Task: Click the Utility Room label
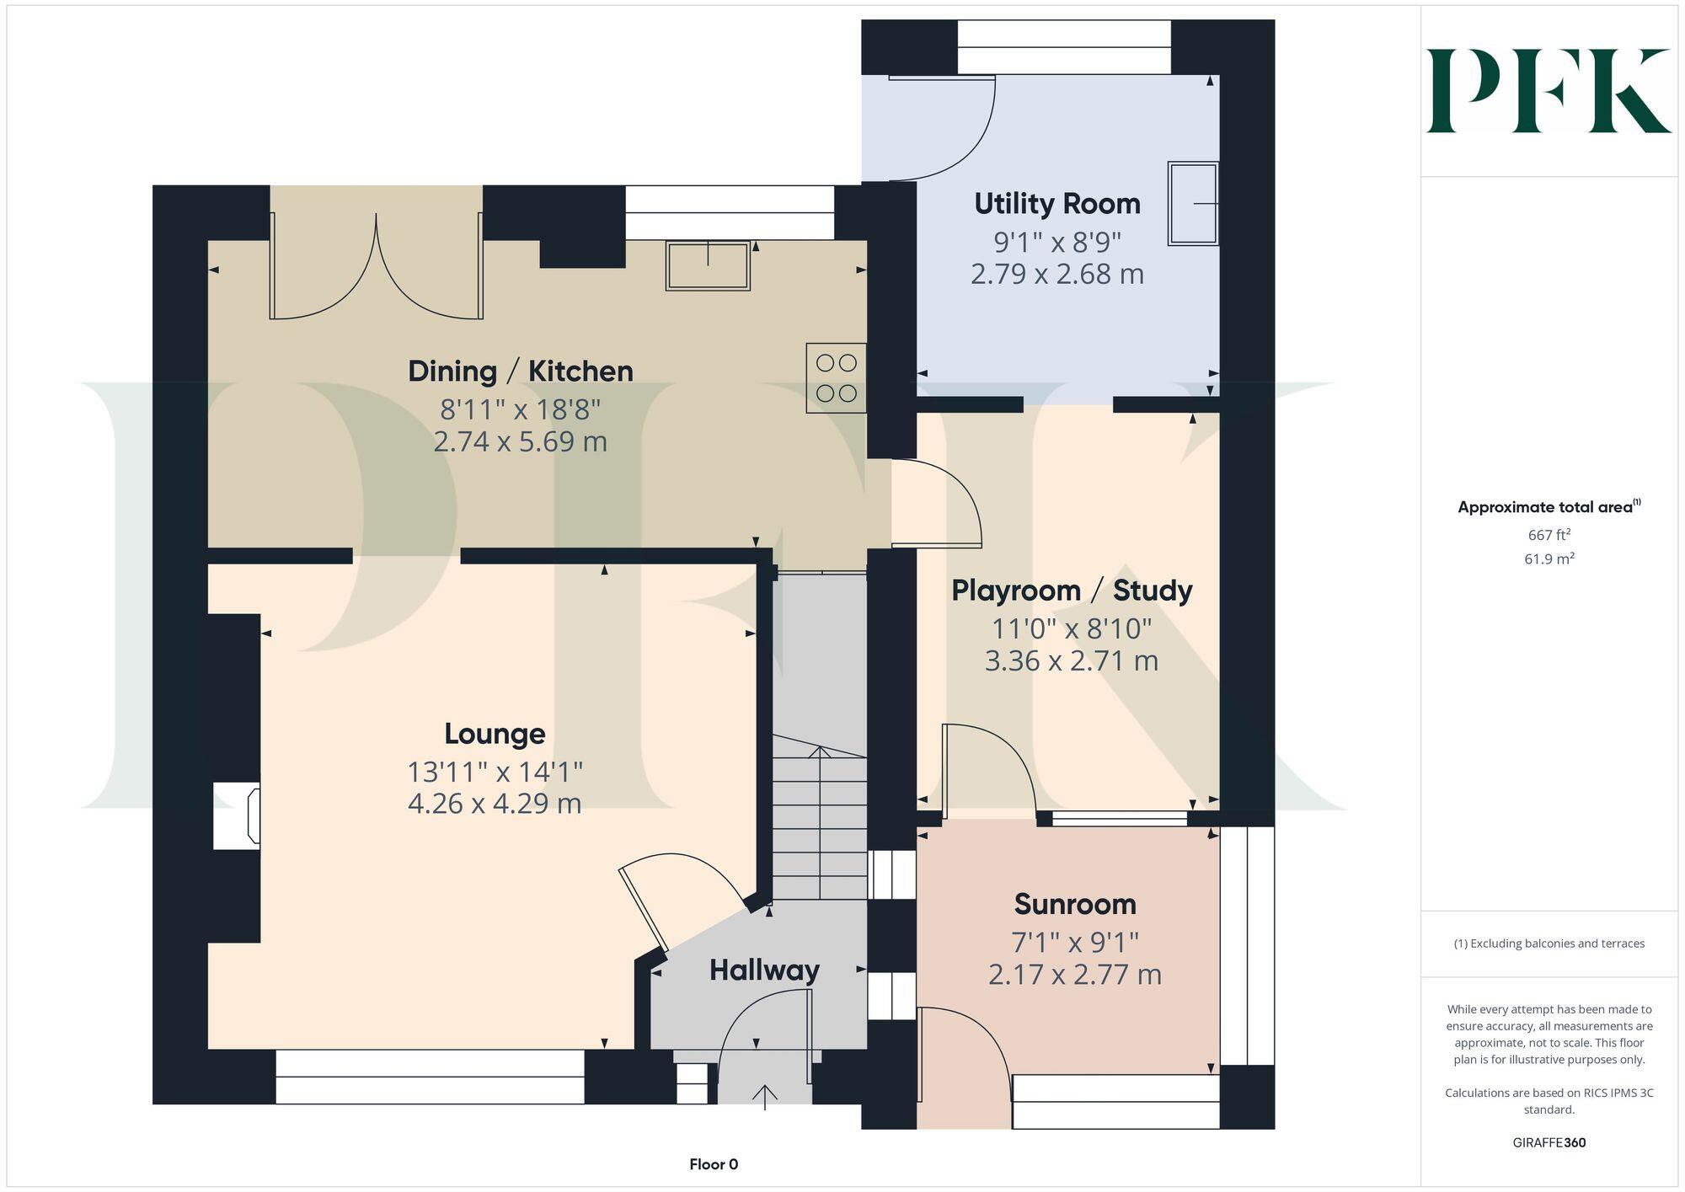coord(1056,204)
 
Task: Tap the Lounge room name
coord(495,734)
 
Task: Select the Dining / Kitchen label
coord(520,371)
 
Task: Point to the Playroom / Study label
coord(1072,591)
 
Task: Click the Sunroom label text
coord(1075,904)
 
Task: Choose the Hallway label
coord(764,970)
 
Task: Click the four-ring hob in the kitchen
coord(836,377)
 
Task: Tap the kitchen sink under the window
coord(708,265)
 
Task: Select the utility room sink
coord(1193,203)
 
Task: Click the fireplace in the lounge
coord(237,815)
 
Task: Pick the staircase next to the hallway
coord(820,821)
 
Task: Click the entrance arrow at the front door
coord(765,1097)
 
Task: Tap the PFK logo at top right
coord(1549,90)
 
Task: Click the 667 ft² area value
coord(1549,535)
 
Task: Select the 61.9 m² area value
coord(1549,559)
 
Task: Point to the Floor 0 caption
coord(714,1164)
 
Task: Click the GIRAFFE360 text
coord(1549,1142)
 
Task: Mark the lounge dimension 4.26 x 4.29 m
coord(495,804)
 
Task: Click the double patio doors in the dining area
coord(377,265)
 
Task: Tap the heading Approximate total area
coord(1545,507)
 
